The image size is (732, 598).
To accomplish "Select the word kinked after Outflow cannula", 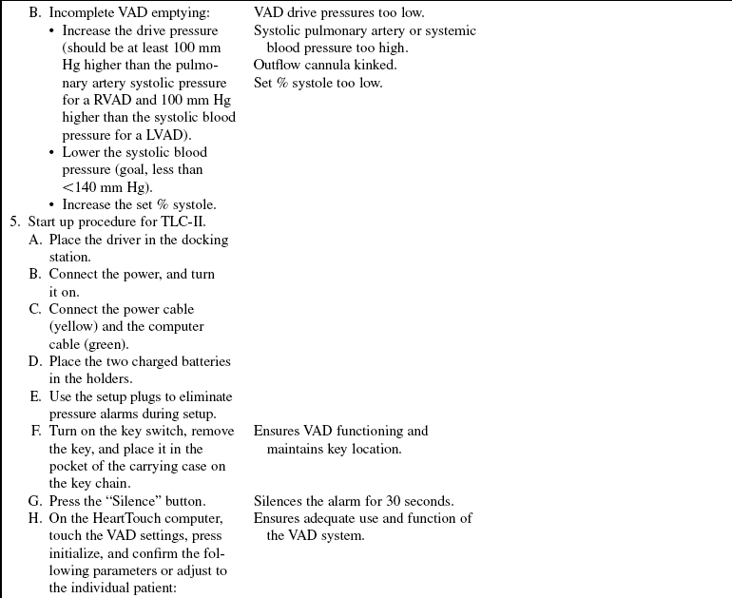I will [x=376, y=65].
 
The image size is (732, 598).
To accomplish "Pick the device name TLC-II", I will [x=183, y=222].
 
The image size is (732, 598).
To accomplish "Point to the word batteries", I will [x=204, y=361].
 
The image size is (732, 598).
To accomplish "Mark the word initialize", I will [x=78, y=553].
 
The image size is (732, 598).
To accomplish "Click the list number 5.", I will [x=14, y=222].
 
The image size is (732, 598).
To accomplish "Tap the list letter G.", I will [x=36, y=501].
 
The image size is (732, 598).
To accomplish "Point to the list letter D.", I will [x=36, y=361].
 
